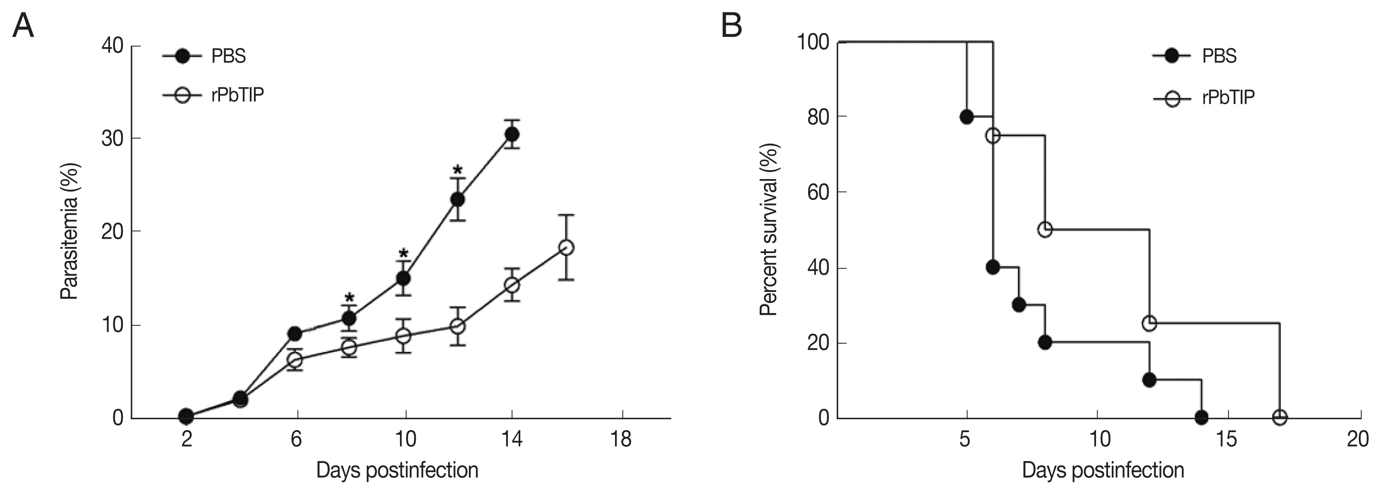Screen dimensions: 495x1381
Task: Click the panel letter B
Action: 731,25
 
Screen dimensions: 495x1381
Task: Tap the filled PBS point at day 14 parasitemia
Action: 512,134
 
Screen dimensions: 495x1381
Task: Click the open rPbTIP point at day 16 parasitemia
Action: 566,247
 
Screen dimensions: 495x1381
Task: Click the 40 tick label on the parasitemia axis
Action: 112,46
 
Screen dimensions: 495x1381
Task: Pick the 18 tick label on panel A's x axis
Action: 621,440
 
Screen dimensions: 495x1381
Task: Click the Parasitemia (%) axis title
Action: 70,231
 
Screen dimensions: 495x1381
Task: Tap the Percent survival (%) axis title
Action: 769,230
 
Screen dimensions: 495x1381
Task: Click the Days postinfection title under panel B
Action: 1103,470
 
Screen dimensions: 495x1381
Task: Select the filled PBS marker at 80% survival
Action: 967,117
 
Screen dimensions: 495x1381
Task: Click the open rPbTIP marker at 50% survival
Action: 1045,230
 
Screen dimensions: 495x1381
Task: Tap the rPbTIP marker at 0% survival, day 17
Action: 1280,417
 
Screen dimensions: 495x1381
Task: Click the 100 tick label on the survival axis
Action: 813,42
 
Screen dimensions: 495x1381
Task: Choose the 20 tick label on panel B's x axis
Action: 1357,440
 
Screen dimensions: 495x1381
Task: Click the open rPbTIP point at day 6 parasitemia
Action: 295,360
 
